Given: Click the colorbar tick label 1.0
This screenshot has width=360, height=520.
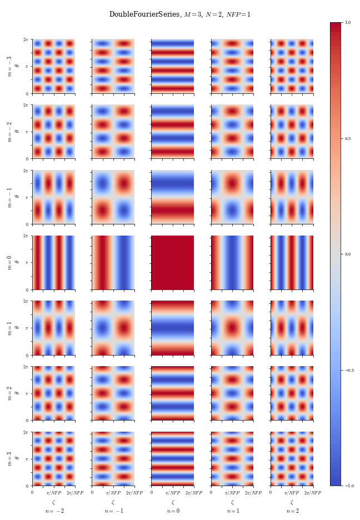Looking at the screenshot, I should [x=348, y=22].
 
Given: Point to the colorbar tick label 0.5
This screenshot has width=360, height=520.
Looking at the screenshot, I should [x=348, y=138].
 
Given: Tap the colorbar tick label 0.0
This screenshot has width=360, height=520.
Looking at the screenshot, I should [x=348, y=254].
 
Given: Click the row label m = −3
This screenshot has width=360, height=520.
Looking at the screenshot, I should [x=9, y=66].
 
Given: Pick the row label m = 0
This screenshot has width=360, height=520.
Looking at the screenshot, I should [x=9, y=262].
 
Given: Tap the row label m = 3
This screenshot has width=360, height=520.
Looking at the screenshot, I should [x=9, y=458].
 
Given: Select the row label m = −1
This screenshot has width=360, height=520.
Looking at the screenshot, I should [x=9, y=197].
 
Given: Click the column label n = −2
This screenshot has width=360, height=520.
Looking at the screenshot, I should [x=54, y=511].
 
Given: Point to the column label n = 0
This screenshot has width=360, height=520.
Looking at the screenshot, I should [x=173, y=511].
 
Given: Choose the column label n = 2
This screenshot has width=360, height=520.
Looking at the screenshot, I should [x=292, y=511].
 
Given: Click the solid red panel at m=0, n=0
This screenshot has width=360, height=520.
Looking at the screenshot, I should [x=173, y=262].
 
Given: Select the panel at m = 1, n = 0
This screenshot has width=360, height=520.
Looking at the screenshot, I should [x=173, y=328].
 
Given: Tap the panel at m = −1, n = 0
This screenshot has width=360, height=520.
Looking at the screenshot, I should [x=173, y=197].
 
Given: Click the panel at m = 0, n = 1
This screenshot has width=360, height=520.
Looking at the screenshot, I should [x=232, y=262].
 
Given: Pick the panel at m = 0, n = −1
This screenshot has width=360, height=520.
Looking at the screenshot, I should [x=113, y=262].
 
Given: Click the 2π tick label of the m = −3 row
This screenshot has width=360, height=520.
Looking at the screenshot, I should [x=26, y=39].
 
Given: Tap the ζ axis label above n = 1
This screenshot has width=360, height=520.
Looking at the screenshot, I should [x=232, y=502].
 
